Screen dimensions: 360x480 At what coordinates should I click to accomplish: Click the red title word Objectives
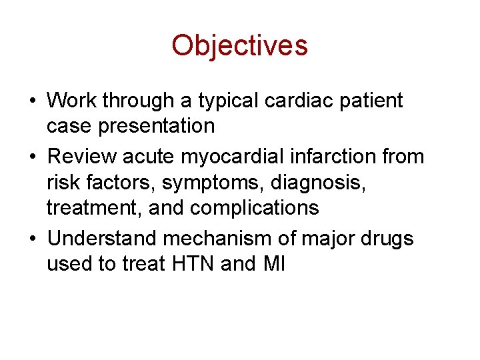(239, 45)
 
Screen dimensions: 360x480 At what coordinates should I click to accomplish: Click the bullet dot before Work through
(33, 101)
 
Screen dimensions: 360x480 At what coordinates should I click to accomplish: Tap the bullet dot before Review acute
(33, 157)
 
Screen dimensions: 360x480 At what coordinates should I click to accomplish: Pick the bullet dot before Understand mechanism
(33, 239)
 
